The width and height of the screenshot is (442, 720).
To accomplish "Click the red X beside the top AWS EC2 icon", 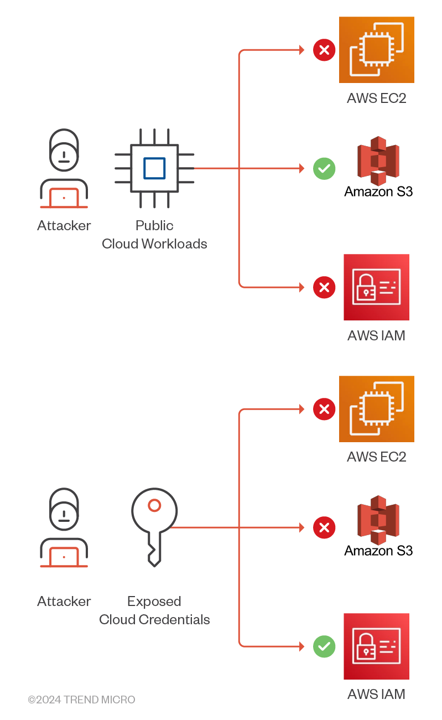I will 324,50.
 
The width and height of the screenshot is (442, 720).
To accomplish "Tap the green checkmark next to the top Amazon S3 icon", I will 324,168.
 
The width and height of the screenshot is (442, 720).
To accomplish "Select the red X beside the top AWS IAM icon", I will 324,287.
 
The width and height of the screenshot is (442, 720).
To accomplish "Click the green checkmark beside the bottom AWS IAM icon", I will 324,646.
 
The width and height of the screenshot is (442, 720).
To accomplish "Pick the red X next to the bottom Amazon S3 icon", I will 324,527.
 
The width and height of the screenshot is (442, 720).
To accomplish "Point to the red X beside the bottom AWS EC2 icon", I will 324,410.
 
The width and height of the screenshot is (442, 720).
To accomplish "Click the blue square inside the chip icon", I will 154,168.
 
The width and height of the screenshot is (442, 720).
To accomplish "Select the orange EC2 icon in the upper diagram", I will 376,50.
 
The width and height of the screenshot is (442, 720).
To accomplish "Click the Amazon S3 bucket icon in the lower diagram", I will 378,520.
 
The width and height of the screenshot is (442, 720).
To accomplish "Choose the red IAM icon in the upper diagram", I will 376,287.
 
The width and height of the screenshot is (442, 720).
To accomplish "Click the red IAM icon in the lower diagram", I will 376,646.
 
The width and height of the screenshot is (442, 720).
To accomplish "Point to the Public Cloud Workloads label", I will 154,235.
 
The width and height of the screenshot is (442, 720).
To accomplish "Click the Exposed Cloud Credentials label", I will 154,610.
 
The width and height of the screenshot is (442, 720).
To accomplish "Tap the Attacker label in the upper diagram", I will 64,226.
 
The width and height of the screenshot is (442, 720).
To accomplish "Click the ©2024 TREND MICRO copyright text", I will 82,700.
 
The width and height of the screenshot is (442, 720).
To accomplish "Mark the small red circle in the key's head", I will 154,505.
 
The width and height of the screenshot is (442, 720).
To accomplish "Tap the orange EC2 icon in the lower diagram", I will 376,409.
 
